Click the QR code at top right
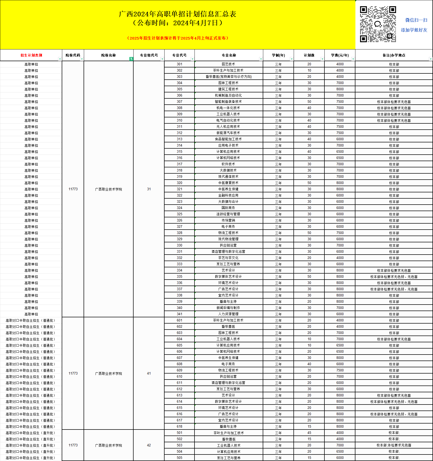coord(378,24)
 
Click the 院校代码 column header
coord(73,55)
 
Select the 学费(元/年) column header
coord(340,55)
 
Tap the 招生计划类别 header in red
coord(31,55)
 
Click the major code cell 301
coord(179,64)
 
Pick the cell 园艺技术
coord(228,64)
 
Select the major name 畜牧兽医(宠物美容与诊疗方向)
coord(228,77)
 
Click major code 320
coord(179,183)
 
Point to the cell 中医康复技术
coord(228,183)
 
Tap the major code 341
coord(179,314)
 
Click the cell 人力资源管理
coord(228,314)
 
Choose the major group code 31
coord(149,189)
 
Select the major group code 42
coord(149,445)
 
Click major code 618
coord(179,426)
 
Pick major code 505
coord(179,458)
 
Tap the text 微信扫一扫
coord(416,20)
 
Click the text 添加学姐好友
coord(414,30)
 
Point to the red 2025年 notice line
coord(178,38)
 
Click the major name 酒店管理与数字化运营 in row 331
coord(228,251)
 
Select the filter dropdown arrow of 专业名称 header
coord(261,59)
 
